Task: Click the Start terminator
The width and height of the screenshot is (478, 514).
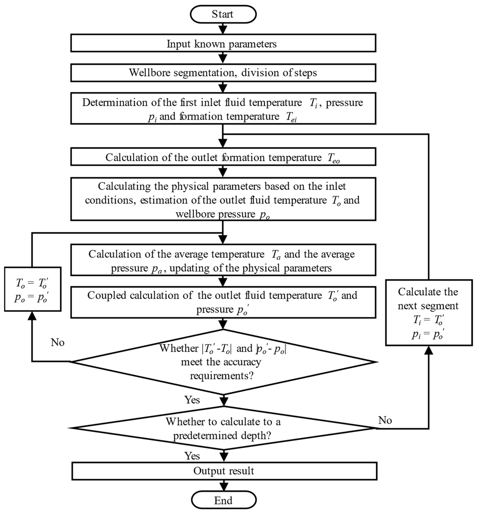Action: coord(223,14)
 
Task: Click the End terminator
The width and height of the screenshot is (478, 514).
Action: coord(223,500)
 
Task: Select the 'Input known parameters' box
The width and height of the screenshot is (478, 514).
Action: coord(223,43)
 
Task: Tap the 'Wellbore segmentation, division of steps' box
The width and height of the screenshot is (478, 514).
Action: coord(223,73)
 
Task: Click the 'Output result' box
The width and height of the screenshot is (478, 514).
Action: coord(224,471)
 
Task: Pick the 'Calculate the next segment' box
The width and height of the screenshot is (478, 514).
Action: coord(429,312)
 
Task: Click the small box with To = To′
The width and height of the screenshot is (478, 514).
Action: coord(33,289)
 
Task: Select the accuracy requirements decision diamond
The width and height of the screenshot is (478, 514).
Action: coord(223,362)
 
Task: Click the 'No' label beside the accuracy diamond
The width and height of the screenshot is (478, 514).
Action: coord(57,342)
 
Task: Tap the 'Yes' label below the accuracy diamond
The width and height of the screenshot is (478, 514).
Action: coord(192,400)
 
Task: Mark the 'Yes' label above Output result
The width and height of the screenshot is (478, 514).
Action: coord(192,456)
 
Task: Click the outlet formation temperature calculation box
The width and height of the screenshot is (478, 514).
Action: coord(223,157)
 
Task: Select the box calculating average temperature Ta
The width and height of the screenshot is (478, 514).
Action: coord(223,260)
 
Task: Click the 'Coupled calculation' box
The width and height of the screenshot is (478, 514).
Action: coord(223,302)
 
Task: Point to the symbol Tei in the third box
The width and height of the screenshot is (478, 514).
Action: coord(291,117)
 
